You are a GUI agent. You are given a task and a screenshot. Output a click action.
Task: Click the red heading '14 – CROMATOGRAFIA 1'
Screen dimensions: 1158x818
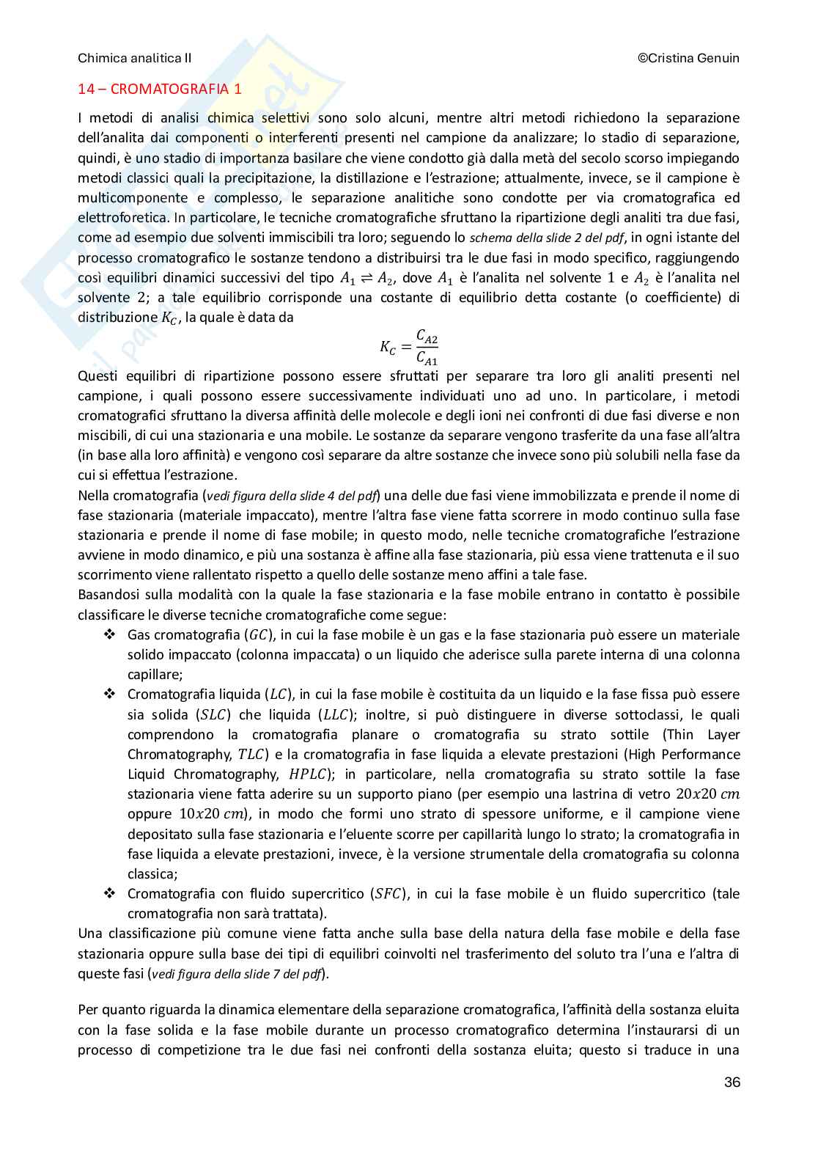[160, 89]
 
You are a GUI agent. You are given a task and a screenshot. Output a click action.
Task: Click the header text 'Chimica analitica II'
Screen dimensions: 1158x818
[134, 58]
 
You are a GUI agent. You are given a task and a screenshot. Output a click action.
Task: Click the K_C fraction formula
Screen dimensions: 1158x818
[409, 347]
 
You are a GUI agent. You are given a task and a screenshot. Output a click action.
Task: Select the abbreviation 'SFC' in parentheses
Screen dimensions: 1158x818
[389, 894]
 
